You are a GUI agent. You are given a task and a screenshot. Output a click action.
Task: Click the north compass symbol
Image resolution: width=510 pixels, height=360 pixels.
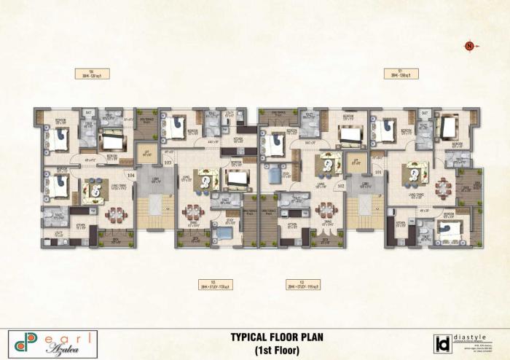coord(469,47)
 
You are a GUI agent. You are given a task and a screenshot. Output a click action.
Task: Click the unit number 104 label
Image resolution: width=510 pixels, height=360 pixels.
coord(131,176)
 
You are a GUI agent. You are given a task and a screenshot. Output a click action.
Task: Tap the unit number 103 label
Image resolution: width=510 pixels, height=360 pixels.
coord(168,163)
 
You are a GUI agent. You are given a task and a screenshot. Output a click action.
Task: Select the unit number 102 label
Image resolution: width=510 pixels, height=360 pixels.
coord(340,187)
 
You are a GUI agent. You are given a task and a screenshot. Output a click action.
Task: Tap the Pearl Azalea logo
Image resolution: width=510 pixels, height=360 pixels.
coord(53,343)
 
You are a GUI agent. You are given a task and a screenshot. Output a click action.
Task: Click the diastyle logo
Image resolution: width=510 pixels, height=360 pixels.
coord(466,343)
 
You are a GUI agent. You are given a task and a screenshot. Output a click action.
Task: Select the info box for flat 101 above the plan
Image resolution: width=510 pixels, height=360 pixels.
coord(401,73)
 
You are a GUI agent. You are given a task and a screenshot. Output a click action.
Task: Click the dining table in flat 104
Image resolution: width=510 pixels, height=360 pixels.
coord(115,214)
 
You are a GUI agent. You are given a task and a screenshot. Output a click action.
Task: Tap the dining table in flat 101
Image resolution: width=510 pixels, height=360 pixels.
coord(443,187)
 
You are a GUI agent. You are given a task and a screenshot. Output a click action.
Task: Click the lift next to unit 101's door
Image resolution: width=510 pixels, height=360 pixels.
coord(355,163)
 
